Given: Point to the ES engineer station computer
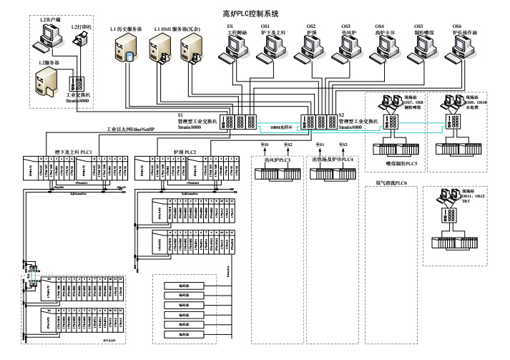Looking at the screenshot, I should (235, 47).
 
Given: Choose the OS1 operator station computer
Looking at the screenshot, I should (273, 47).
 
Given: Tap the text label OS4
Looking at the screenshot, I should (380, 26).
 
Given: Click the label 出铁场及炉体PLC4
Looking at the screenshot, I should (333, 160).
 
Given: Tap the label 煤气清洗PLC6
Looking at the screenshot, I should (392, 183).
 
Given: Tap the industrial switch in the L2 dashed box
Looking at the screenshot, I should (77, 84).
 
